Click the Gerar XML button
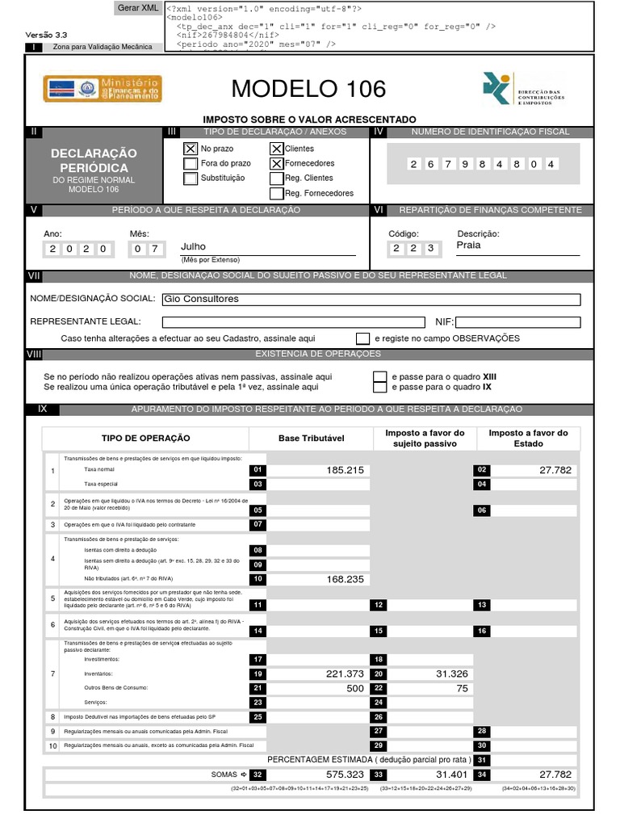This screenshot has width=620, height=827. pyautogui.click(x=138, y=8)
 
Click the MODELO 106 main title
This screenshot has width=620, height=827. pyautogui.click(x=308, y=88)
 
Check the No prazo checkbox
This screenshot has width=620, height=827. pyautogui.click(x=191, y=149)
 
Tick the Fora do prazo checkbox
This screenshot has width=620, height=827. pyautogui.click(x=191, y=164)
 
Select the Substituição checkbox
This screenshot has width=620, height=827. pyautogui.click(x=191, y=178)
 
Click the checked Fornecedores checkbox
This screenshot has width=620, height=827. pyautogui.click(x=277, y=164)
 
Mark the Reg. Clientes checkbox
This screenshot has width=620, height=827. pyautogui.click(x=277, y=178)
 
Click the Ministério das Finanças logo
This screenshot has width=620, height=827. pyautogui.click(x=103, y=89)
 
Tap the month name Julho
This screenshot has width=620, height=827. pyautogui.click(x=194, y=247)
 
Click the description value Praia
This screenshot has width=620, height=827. pyautogui.click(x=468, y=246)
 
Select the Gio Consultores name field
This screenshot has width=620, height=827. pyautogui.click(x=371, y=300)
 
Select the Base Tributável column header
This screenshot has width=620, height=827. pyautogui.click(x=312, y=438)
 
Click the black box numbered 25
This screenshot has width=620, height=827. pyautogui.click(x=258, y=717)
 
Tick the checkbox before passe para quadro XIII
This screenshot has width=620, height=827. pyautogui.click(x=379, y=377)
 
